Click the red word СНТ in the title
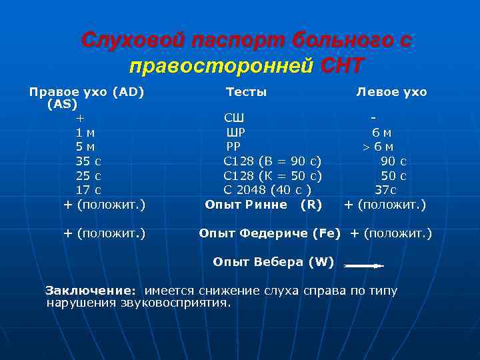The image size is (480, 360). [x=343, y=66]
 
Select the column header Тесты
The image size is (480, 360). [x=246, y=92]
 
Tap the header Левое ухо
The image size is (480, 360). [x=391, y=92]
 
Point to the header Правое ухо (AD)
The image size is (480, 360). [x=87, y=92]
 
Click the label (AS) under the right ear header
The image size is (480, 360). [x=62, y=104]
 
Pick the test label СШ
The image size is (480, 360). [x=234, y=119]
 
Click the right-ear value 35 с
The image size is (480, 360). [x=89, y=161]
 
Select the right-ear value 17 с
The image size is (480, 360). [x=89, y=190]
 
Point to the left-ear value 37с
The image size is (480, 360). [x=386, y=190]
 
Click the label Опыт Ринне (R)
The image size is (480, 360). [x=263, y=205]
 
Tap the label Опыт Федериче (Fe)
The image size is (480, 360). [x=269, y=233]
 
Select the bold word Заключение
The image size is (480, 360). [x=90, y=291]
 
